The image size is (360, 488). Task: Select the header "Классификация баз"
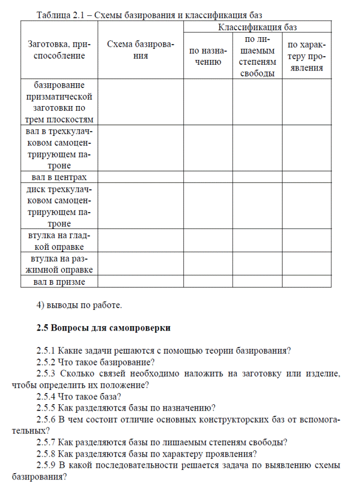258,27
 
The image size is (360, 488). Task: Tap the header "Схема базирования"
141,50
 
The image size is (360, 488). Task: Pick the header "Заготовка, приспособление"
59,50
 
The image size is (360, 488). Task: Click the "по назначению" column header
208,56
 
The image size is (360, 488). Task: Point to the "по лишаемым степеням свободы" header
257,56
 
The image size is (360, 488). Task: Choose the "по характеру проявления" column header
306,56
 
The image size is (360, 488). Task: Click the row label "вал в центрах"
59,177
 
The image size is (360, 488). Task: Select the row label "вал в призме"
59,282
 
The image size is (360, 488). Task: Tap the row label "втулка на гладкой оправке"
59,241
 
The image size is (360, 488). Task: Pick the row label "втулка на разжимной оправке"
59,264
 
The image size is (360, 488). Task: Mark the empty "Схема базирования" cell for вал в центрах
141,177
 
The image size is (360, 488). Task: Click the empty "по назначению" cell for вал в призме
208,282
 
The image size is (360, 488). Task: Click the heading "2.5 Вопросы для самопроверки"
103,328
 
